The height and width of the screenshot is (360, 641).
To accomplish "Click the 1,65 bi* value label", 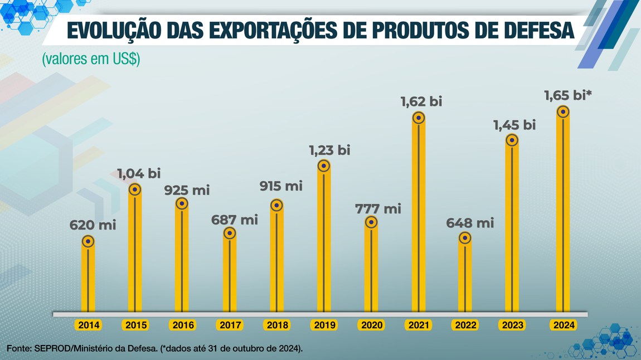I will click(568, 96).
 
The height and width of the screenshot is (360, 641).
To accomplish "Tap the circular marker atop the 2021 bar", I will click(419, 118).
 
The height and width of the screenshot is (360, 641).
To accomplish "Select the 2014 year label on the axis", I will click(88, 325).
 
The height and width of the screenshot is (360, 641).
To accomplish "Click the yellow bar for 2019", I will click(324, 245).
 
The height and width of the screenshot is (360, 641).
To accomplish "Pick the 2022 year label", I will click(465, 325).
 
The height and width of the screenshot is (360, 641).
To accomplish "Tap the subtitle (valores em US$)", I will click(91, 59).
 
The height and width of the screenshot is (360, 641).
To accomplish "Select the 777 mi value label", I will click(378, 209).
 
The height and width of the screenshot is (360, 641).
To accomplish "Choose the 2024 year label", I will click(562, 325).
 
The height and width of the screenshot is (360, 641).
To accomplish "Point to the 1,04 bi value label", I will click(139, 173).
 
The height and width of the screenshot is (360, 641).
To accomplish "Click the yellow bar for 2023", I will click(512, 234).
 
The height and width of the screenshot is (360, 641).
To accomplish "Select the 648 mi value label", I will click(470, 223).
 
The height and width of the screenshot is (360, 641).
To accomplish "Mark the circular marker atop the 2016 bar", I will click(182, 203).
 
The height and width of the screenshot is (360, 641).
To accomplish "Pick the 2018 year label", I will click(277, 325).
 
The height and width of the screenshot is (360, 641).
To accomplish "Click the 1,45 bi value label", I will click(514, 125).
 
